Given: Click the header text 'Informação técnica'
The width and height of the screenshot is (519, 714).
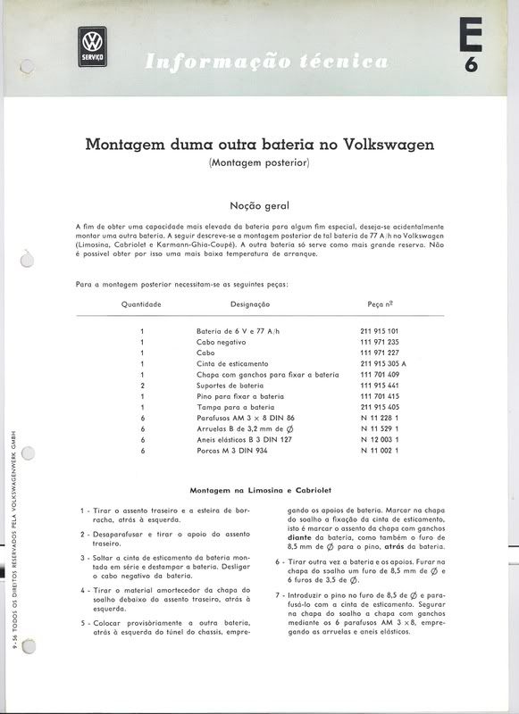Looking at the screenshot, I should pyautogui.click(x=266, y=62).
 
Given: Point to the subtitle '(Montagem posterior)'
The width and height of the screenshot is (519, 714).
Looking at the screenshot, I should pyautogui.click(x=259, y=163).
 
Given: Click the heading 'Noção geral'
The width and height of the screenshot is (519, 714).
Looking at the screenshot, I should pyautogui.click(x=259, y=205).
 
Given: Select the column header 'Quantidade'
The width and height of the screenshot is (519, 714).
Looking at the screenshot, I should pyautogui.click(x=141, y=304).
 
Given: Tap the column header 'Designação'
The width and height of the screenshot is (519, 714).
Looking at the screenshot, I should pyautogui.click(x=250, y=304).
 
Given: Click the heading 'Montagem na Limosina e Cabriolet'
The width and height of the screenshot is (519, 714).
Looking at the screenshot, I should pyautogui.click(x=260, y=490).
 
